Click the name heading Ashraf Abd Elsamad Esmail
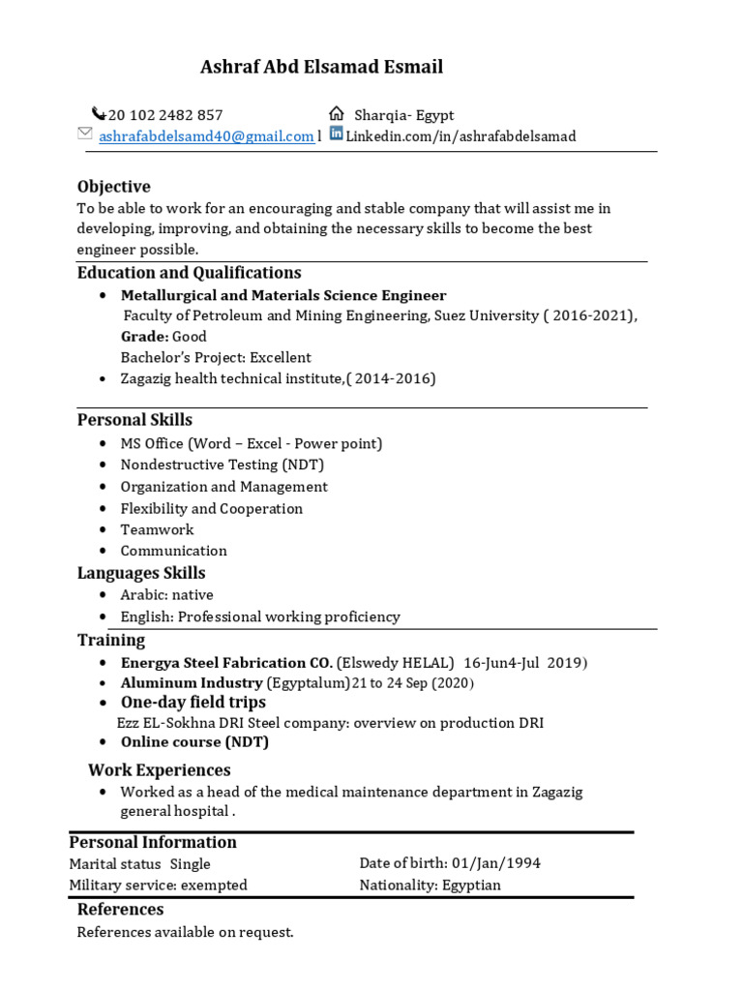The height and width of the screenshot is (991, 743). [x=321, y=67]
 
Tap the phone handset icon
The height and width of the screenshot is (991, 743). [x=98, y=113]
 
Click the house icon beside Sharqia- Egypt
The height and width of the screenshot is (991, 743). [x=337, y=113]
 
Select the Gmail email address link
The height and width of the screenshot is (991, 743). [x=206, y=136]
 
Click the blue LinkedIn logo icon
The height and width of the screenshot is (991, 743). [x=337, y=135]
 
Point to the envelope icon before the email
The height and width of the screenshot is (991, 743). [x=85, y=134]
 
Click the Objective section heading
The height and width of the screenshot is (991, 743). [x=114, y=186]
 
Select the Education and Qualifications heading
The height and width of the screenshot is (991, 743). [x=190, y=272]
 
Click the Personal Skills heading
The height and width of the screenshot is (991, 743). [x=134, y=419]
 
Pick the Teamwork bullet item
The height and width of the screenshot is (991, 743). [x=157, y=529]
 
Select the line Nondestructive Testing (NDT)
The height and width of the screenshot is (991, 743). [x=223, y=465]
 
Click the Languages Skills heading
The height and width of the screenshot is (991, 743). [x=141, y=573]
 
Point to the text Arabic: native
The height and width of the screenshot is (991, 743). [x=166, y=594]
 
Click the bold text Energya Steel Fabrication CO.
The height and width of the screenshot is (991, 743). [x=226, y=663]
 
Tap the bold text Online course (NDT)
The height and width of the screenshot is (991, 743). [x=194, y=742]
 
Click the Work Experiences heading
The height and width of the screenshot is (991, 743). [x=160, y=769]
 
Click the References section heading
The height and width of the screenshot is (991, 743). [x=121, y=909]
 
